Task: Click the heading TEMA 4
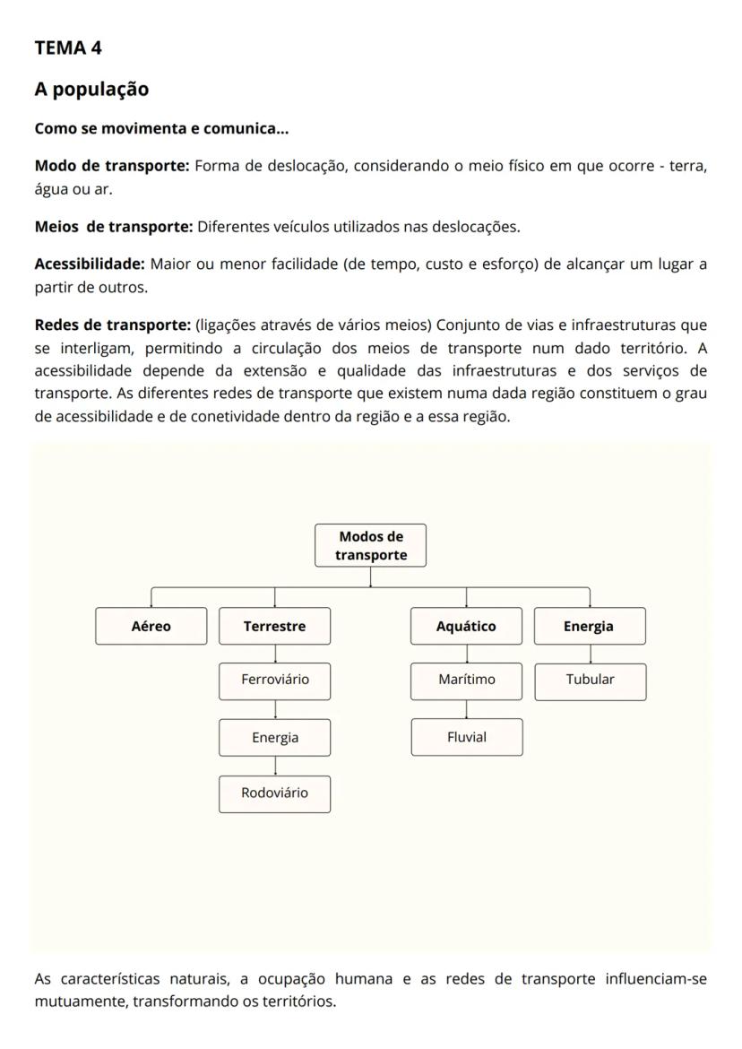pos(68,48)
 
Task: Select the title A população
pos(91,90)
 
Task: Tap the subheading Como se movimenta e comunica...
pos(161,128)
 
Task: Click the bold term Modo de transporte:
pos(112,166)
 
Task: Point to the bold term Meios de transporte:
pos(114,227)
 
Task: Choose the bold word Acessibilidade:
pos(90,264)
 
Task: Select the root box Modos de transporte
pos(371,545)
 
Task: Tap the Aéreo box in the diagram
pos(151,626)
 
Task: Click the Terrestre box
pos(274,626)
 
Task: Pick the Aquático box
pos(466,626)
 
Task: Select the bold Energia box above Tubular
pos(589,626)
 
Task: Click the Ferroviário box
pos(274,680)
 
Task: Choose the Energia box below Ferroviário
pos(274,738)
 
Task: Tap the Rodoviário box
pos(274,793)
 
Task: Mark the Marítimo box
pos(466,680)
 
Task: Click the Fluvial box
pos(466,737)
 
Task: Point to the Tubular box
pos(590,680)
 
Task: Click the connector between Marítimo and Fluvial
pos(466,709)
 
